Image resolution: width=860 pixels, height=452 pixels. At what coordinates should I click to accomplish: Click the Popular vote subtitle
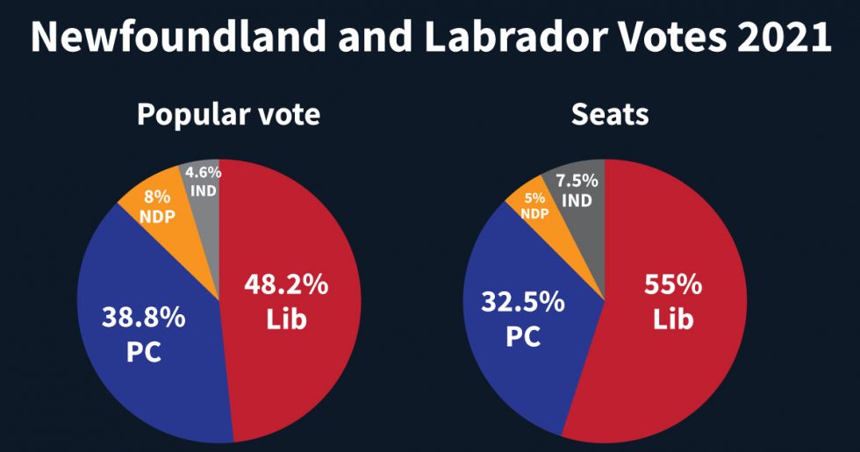(228, 115)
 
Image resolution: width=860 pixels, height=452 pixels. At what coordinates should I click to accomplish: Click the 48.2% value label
(286, 286)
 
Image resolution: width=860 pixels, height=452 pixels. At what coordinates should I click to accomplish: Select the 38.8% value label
(144, 317)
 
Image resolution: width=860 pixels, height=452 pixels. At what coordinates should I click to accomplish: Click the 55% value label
(673, 285)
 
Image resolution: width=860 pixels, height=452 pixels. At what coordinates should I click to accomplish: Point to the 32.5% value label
(522, 303)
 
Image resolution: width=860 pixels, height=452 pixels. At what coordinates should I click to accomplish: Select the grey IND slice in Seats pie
(584, 228)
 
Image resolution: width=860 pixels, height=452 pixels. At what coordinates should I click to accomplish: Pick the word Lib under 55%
(673, 319)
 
